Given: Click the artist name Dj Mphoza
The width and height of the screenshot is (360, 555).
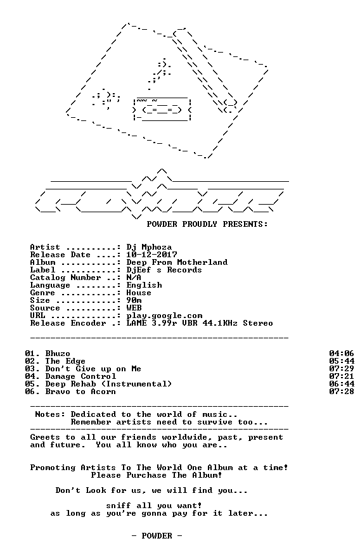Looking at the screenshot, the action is point(149,248).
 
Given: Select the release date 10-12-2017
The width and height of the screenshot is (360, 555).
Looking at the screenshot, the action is point(151,255).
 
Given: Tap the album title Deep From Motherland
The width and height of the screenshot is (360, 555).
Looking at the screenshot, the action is point(177,263).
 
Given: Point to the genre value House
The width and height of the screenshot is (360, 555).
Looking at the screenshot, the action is point(139,293).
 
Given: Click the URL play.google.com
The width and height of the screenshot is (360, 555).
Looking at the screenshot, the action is point(164,316).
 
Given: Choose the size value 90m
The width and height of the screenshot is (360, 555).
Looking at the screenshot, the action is point(134,300).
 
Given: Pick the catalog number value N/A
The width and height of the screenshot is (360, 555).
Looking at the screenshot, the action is point(134,277).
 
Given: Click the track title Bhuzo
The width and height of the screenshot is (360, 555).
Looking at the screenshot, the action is point(58,354).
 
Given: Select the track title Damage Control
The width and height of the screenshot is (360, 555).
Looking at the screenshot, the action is point(80,376).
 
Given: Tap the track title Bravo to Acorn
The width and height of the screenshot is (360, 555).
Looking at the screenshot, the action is point(80,392).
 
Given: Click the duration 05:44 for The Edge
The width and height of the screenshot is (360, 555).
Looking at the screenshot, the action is point(342,361).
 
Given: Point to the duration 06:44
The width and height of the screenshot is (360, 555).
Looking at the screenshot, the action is point(342,384).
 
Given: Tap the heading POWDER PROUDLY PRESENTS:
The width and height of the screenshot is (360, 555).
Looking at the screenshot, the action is point(207,224).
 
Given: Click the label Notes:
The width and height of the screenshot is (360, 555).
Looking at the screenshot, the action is point(50,414).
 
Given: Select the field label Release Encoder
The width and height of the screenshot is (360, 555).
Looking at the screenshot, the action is point(68,323).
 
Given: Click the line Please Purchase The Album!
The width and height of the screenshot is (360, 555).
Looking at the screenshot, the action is point(157,475).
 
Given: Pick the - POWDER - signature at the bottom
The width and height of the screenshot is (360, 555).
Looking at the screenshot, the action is point(157,536).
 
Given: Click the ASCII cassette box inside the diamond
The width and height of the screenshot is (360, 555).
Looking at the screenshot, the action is point(162,109).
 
